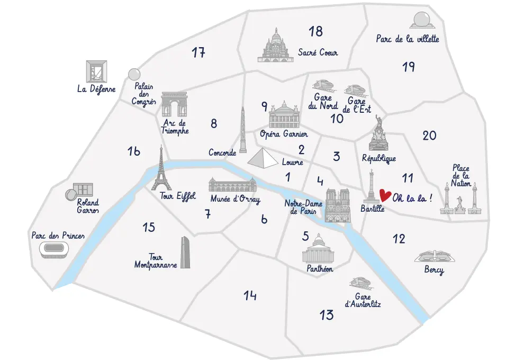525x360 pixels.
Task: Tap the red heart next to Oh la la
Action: click(x=385, y=197)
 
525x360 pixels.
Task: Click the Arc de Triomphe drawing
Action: click(x=174, y=104)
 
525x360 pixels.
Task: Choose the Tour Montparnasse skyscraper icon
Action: click(x=184, y=253)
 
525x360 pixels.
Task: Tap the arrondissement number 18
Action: click(x=315, y=32)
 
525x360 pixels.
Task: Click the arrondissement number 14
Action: click(x=250, y=295)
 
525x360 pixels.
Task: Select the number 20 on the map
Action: click(x=429, y=136)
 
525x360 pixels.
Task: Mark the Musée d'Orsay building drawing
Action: click(x=233, y=185)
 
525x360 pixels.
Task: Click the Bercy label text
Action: click(x=434, y=271)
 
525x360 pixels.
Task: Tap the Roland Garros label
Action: click(x=88, y=206)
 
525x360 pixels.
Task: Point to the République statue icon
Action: click(x=379, y=134)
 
